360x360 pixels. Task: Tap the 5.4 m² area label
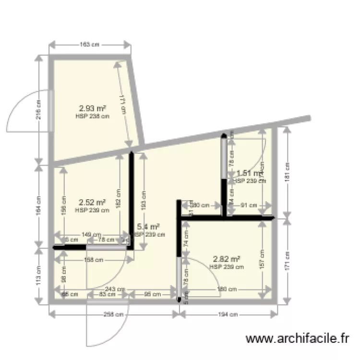(x=148, y=227)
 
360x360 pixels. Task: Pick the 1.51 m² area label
(x=248, y=173)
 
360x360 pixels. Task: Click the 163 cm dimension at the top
(x=90, y=45)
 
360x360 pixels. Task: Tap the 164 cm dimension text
(x=39, y=204)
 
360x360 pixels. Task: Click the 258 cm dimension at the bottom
(x=114, y=315)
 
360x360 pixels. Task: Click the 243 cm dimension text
(x=115, y=289)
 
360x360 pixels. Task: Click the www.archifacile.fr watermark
(x=297, y=339)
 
